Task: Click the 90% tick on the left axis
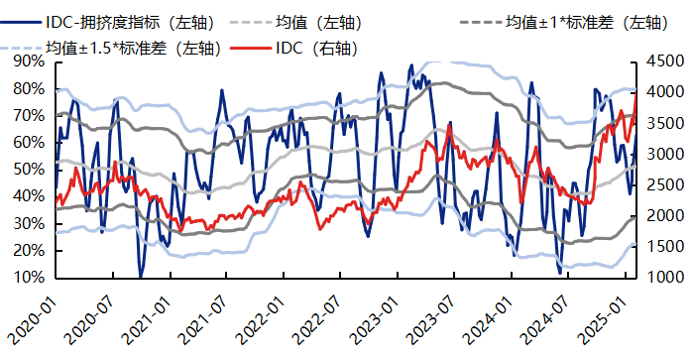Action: pos(27,61)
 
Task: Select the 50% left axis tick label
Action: pos(27,170)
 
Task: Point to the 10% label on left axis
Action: pos(27,278)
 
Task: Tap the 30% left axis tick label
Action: pos(27,223)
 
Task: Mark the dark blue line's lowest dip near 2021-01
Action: pos(141,275)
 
